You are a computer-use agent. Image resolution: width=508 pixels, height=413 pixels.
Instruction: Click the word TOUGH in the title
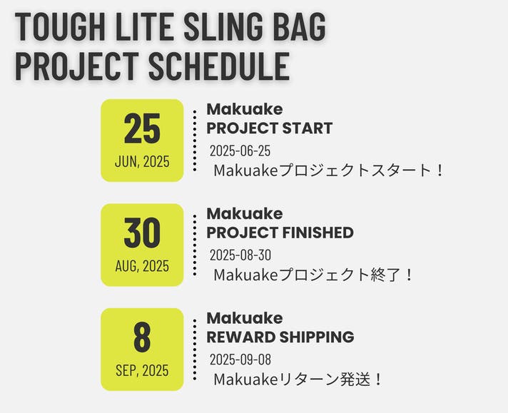coord(60,26)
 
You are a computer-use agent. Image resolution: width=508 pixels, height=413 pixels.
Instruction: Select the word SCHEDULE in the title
coord(219,66)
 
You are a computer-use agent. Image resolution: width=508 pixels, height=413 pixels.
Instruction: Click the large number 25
coord(142,128)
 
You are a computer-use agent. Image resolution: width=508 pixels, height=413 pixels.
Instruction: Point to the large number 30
coord(142,233)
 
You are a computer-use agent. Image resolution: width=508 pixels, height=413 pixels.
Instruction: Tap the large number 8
coord(142,337)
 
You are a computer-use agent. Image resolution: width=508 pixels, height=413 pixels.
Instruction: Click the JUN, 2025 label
coord(142,161)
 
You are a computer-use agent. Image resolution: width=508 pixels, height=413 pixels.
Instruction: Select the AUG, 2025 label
coord(142,266)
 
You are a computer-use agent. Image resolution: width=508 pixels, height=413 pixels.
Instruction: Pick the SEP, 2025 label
coord(142,370)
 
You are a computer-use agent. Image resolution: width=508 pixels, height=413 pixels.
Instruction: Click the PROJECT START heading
coord(270,128)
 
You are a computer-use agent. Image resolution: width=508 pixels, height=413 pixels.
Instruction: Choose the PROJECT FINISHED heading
coord(280,233)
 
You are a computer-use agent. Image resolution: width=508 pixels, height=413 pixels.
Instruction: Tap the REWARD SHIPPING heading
coord(280,337)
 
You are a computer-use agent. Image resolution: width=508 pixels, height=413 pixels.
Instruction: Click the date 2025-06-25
coord(240,151)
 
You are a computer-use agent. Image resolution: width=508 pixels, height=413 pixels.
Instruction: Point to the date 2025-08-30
coord(240,255)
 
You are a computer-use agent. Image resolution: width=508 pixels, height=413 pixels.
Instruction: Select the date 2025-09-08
coord(240,360)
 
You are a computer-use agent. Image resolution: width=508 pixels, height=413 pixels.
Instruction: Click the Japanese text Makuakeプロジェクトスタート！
coord(328,170)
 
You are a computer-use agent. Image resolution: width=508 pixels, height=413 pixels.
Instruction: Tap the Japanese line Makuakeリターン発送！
coord(298,379)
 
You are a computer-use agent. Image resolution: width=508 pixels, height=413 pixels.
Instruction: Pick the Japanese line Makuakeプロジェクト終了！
coord(314,275)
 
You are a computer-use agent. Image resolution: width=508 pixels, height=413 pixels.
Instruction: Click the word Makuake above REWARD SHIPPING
coord(245,317)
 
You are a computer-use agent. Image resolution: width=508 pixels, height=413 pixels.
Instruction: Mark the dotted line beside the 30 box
coord(195,245)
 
